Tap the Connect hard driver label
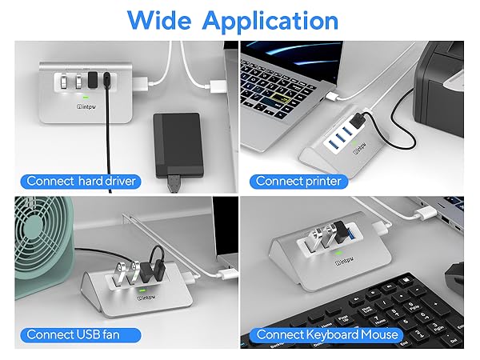click(x=81, y=181)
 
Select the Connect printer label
click(x=298, y=181)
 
